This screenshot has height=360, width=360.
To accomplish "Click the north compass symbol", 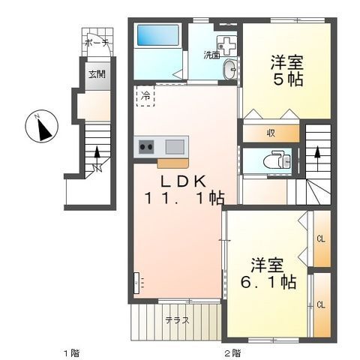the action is [42, 126].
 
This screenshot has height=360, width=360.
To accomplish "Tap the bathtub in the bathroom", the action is [158, 34].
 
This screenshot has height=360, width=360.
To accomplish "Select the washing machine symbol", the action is [226, 46].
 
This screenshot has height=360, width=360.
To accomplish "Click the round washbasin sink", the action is [229, 69].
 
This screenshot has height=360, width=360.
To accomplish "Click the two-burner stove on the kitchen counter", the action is [146, 147].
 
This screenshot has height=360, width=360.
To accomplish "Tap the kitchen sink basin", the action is [175, 147].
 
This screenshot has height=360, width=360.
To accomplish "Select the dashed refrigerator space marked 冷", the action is [145, 96].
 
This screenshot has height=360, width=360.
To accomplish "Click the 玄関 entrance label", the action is [97, 74].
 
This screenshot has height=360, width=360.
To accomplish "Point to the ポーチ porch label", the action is [96, 43].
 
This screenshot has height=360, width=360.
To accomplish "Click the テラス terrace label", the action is [177, 320].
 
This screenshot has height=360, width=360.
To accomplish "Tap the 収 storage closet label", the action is [271, 133].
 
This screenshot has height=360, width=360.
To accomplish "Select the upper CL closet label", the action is [321, 239].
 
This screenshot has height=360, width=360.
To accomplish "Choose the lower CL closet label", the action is [321, 304].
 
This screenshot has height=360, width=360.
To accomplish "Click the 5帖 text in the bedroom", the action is [288, 79].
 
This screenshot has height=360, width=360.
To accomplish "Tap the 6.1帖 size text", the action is [268, 282].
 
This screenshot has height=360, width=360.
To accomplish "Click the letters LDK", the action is [183, 181].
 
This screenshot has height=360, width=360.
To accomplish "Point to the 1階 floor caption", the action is [72, 353].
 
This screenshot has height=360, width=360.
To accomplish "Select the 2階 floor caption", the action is [232, 353].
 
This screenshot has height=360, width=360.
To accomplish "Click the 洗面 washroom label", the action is [211, 55].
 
